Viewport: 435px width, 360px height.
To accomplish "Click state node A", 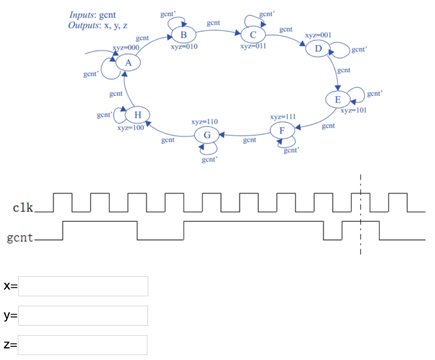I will pos(127,63).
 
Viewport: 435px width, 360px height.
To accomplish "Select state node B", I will pos(184,34).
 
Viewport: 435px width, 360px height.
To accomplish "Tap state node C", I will pos(253,34).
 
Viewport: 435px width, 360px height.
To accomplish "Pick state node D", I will pos(318,48).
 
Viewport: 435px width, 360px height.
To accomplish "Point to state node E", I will pos(338,100).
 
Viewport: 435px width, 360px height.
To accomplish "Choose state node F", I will pos(282,130).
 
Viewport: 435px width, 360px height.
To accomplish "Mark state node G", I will pos(207,135).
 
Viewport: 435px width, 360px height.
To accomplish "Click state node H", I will pos(138,115).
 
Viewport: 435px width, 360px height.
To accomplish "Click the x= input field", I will pos(83,286).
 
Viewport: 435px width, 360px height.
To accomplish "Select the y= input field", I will pos(83,315).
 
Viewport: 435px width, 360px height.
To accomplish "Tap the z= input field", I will pos(83,345).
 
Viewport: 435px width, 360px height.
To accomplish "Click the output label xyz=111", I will pos(282,116).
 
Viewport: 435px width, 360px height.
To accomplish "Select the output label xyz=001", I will pos(318,35).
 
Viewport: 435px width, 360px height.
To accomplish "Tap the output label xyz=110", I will pos(205,122).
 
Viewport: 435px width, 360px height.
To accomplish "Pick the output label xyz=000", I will pos(126,48).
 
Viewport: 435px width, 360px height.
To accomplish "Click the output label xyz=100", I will pos(130,128).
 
